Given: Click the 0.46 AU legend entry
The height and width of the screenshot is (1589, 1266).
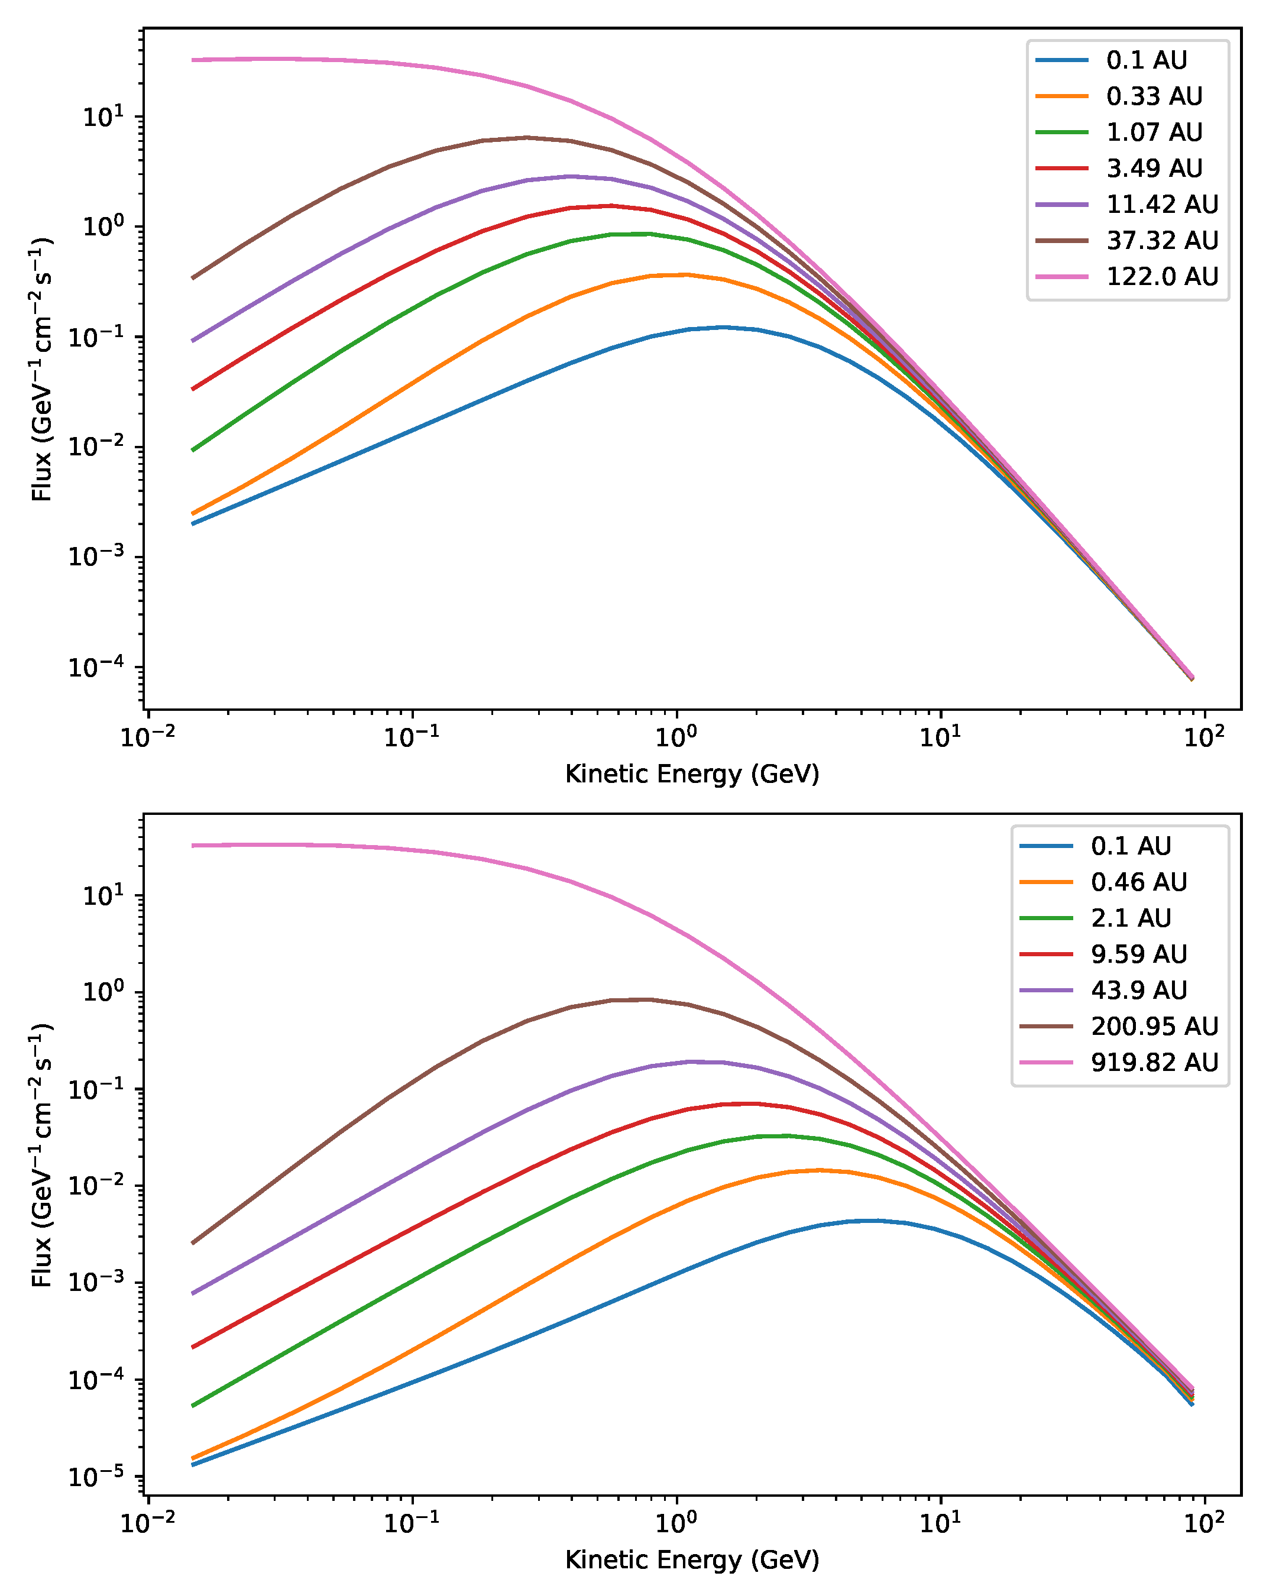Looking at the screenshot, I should click(x=1138, y=882).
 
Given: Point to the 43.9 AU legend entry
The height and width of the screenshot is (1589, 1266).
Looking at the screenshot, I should click(x=1138, y=990).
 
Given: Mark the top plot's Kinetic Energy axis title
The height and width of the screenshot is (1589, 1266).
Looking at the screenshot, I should click(x=692, y=774).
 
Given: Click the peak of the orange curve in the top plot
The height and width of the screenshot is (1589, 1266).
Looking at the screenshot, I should click(x=685, y=274).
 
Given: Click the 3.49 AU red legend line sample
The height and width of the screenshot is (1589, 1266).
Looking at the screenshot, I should click(x=1062, y=168).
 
